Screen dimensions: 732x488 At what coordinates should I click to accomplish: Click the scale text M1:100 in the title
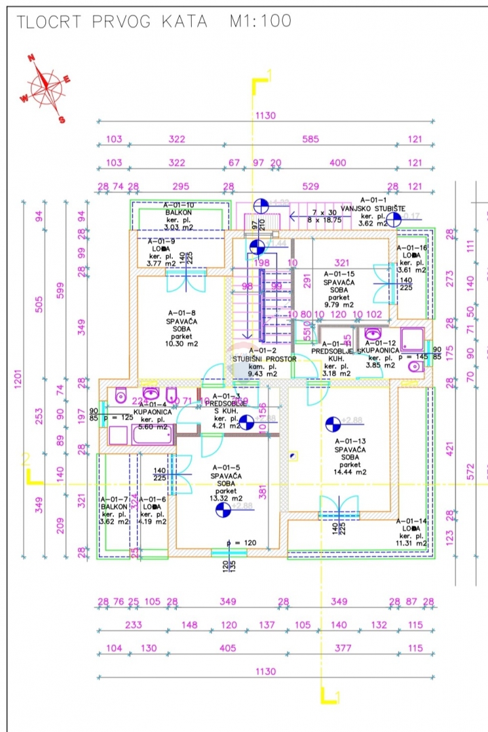tap(260, 21)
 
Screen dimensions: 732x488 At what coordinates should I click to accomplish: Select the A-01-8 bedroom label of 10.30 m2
tap(182, 329)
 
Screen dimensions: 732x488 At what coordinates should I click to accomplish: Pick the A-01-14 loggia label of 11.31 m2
tap(412, 532)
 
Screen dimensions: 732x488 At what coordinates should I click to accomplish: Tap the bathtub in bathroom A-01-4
tap(152, 434)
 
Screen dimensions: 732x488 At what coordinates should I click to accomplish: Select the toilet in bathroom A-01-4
tap(121, 394)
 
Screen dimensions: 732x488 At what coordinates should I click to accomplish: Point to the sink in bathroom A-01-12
tap(371, 334)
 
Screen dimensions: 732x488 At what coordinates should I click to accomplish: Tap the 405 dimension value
tap(228, 649)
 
